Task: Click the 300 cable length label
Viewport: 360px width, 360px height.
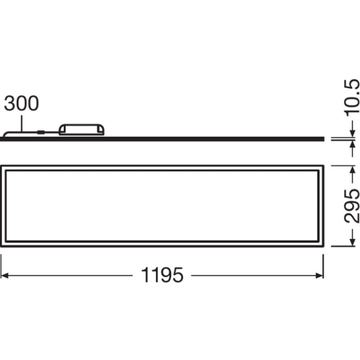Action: pos(22,103)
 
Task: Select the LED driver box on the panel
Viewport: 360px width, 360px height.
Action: pos(82,129)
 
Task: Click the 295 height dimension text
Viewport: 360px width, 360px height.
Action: pos(352,205)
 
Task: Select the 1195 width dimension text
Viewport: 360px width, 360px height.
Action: pos(162,275)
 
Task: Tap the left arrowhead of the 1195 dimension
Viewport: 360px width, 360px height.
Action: pos(5,275)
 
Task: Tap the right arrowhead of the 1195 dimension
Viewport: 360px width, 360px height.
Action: pos(319,275)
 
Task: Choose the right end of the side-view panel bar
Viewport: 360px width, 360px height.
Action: pos(323,139)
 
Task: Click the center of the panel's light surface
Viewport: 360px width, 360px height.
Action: pos(163,206)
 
